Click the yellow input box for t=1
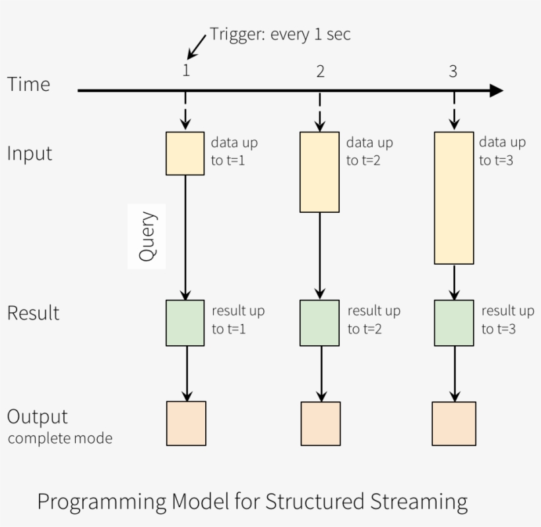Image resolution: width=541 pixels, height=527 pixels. [x=185, y=153]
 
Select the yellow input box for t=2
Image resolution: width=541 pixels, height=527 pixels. [x=320, y=172]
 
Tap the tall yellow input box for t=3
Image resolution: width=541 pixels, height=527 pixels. [x=453, y=198]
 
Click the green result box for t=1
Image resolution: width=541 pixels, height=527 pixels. [x=185, y=323]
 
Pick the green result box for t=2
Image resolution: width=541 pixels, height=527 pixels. [x=320, y=323]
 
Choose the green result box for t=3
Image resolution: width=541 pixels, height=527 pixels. [x=453, y=323]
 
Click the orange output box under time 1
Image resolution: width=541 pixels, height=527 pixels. [x=186, y=423]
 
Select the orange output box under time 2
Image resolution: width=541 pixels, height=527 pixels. [x=321, y=423]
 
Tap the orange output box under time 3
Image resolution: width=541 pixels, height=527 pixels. [x=454, y=423]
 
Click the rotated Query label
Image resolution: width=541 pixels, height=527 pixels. [x=147, y=236]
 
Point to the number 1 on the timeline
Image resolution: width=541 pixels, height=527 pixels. [x=186, y=71]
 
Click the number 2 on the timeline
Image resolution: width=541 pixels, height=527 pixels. [x=321, y=71]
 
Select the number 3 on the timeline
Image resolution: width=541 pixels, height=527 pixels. [x=453, y=71]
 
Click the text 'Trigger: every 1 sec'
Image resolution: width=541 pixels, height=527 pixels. [x=280, y=34]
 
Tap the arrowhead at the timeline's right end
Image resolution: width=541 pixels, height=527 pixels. [x=496, y=91]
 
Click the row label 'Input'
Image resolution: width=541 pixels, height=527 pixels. [x=29, y=153]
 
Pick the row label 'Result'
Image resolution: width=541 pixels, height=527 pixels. [x=33, y=313]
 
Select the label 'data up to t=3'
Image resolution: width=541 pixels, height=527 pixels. [x=502, y=151]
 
